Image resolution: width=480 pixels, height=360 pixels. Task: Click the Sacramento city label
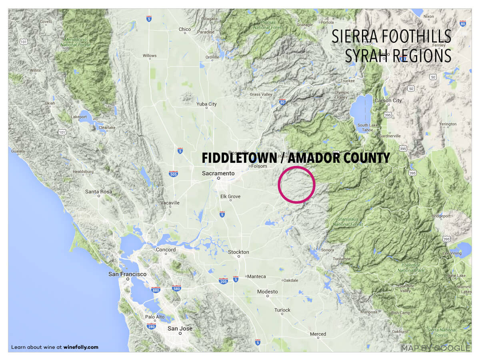(218, 173)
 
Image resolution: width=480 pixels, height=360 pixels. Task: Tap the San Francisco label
(128, 274)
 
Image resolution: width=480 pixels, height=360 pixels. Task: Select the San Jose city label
(180, 328)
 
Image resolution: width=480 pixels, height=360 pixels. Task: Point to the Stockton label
(238, 252)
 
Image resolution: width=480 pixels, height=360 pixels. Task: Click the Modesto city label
(267, 292)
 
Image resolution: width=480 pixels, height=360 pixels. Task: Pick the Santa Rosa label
(98, 192)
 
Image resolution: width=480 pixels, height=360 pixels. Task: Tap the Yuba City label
(206, 104)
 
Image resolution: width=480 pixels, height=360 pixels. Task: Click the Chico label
(185, 29)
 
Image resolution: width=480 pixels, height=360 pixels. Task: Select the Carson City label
(388, 100)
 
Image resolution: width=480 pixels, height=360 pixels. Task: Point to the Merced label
(318, 334)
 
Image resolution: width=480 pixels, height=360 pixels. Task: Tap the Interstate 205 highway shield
(223, 281)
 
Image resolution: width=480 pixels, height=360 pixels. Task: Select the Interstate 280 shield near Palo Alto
(151, 326)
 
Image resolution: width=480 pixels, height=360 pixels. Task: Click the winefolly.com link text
(81, 347)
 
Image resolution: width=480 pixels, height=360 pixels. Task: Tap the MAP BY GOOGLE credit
(436, 348)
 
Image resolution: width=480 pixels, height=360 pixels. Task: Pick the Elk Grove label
(230, 196)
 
